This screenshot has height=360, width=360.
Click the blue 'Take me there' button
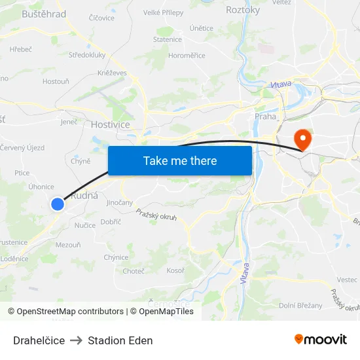(x=180, y=161)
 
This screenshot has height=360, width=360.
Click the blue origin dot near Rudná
(x=58, y=204)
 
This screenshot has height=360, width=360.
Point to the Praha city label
(x=266, y=117)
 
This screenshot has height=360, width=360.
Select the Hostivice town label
(x=111, y=124)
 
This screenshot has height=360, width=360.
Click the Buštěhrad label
(x=44, y=14)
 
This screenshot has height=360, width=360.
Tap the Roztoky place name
(x=243, y=10)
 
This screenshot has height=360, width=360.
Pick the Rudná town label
(x=84, y=196)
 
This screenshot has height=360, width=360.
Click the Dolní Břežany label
(x=300, y=305)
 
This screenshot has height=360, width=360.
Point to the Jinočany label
(x=119, y=203)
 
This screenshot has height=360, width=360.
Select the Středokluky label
(x=87, y=55)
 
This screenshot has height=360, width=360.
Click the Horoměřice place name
(x=187, y=56)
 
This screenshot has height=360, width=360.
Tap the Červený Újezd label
(x=22, y=148)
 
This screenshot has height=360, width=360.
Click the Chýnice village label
(x=116, y=257)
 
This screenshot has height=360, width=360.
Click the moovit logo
(x=320, y=339)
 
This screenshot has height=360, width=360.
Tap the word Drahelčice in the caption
(x=39, y=340)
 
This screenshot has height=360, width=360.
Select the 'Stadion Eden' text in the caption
(x=120, y=340)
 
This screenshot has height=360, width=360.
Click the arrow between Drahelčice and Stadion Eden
(x=76, y=340)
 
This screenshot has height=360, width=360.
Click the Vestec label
(x=347, y=279)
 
